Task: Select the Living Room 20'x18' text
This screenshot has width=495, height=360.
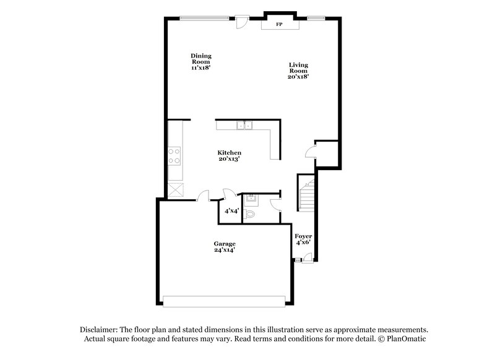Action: click(x=298, y=71)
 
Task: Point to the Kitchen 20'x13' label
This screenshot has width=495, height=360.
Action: click(x=229, y=156)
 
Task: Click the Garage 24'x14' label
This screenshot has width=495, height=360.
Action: click(x=225, y=247)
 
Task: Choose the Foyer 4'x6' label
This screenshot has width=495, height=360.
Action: click(x=303, y=239)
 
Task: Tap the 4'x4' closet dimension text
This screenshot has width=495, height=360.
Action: click(x=231, y=211)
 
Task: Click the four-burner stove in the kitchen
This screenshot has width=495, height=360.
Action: click(x=174, y=155)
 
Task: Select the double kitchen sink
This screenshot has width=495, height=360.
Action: click(x=245, y=126)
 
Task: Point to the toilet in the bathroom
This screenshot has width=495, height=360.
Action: click(x=251, y=215)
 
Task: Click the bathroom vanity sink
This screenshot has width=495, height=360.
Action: click(x=251, y=199)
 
